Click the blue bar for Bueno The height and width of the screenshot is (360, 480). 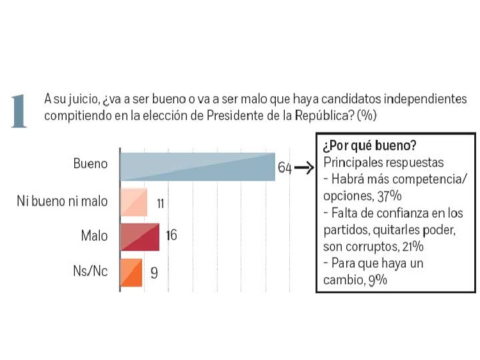click(x=197, y=167)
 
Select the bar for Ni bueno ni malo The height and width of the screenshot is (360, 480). click(x=133, y=202)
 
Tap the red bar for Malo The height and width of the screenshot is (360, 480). click(x=140, y=236)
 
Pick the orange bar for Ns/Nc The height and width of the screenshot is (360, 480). click(x=131, y=272)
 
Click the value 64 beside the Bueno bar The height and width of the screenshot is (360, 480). click(x=284, y=168)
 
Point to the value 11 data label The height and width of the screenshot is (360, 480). click(x=161, y=204)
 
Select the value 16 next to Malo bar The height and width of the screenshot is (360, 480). click(x=171, y=236)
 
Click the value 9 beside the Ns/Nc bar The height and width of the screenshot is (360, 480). click(x=154, y=272)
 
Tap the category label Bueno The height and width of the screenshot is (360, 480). click(x=91, y=164)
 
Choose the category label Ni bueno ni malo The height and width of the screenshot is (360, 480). click(x=62, y=202)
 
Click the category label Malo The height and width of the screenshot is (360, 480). click(x=94, y=236)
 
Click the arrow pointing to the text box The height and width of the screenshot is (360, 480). click(x=305, y=169)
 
